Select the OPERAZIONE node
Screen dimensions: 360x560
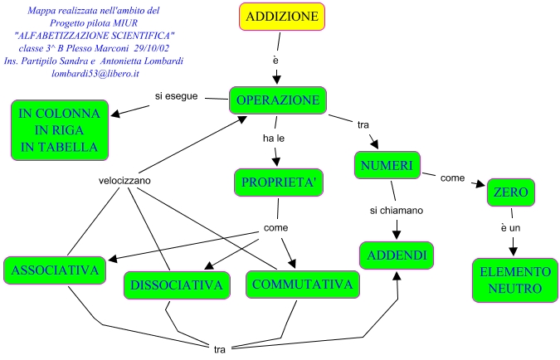point(278,100)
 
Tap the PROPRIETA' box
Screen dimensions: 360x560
point(277,182)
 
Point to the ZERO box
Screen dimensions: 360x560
point(511,192)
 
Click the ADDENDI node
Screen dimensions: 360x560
point(397,255)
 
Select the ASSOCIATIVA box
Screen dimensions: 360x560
point(56,270)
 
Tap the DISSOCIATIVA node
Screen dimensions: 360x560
point(177,285)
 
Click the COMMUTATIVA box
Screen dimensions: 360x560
point(304,284)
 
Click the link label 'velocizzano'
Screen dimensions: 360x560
point(124,181)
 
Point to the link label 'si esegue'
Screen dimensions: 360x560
point(176,96)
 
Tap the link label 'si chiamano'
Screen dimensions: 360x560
point(397,211)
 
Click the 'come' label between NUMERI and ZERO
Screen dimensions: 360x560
point(452,178)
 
